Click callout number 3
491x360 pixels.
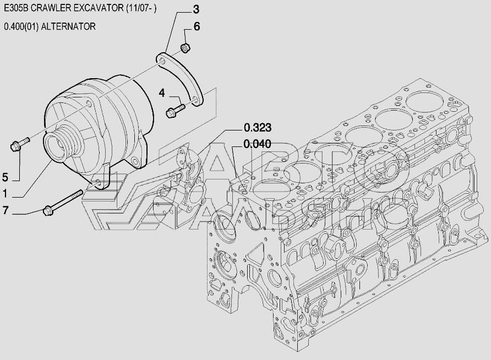coord(196,10)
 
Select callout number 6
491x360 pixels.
coord(197,26)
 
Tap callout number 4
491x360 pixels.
coord(162,93)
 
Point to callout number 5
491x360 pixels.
coord(5,177)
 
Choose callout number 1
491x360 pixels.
coord(5,194)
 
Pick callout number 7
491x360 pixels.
coord(5,210)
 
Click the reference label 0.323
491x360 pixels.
coord(258,128)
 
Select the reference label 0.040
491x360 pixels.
coord(258,144)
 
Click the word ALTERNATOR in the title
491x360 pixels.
coord(68,26)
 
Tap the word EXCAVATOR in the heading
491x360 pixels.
coord(99,8)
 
